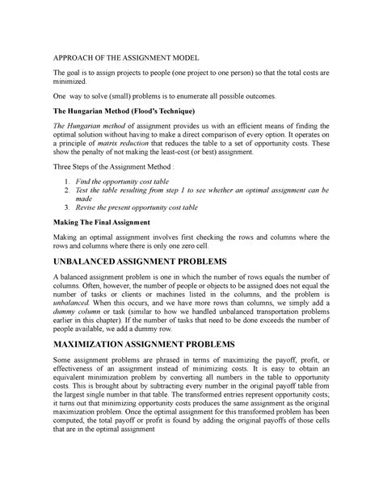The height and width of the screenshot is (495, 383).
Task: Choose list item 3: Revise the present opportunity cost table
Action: [152, 206]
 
